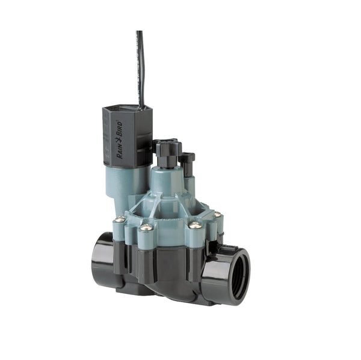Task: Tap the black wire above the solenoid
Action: tap(140, 66)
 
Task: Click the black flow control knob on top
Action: tap(168, 151)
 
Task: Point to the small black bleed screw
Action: tap(187, 161)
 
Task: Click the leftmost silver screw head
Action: tap(120, 219)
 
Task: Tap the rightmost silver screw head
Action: tap(217, 215)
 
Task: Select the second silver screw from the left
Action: tap(146, 228)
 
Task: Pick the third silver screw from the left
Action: tap(195, 225)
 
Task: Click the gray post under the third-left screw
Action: tap(195, 239)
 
